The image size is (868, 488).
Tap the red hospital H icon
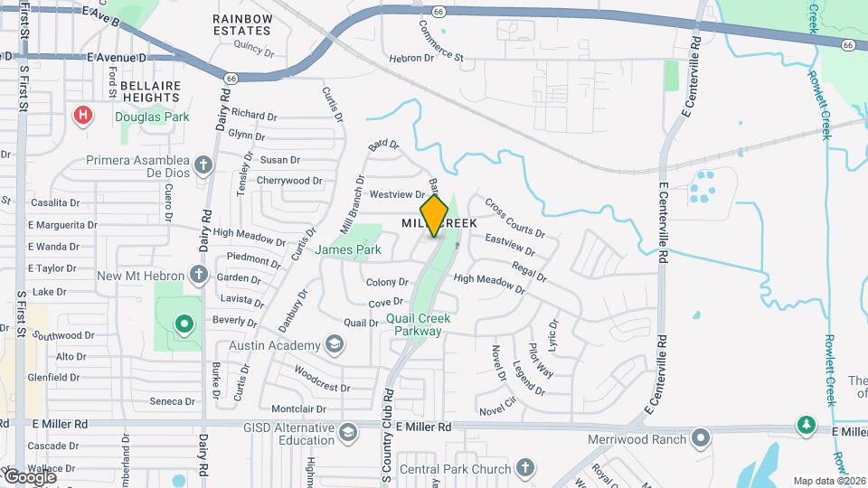[x=83, y=116]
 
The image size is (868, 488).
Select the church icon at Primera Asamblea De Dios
[x=203, y=164]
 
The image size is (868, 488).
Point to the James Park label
[x=348, y=249]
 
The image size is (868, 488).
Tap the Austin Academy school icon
[x=335, y=345]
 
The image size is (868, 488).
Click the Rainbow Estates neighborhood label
[x=242, y=24]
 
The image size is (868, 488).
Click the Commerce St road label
[x=428, y=42]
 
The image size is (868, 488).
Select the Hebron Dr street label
[x=412, y=58]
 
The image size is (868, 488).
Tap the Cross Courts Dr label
[x=514, y=218]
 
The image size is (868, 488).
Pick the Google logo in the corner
[x=30, y=476]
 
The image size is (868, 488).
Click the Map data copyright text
[x=828, y=481]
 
